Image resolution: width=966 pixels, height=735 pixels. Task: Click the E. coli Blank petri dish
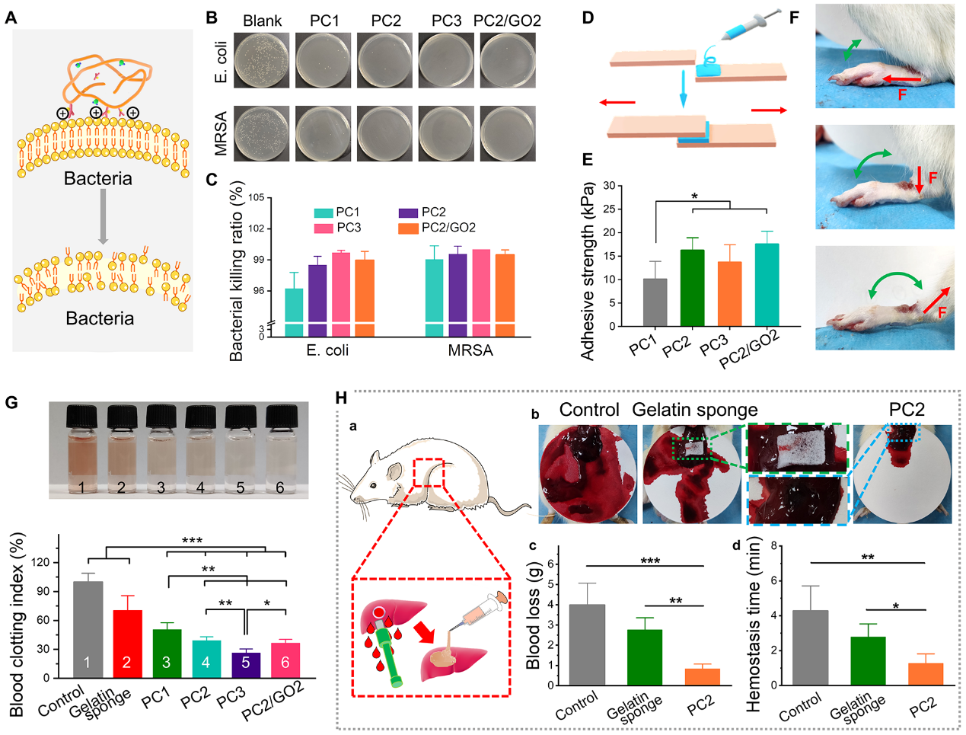262,60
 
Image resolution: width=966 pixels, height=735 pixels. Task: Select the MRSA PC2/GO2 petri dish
508,133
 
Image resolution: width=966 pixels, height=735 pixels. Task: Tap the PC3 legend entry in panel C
338,228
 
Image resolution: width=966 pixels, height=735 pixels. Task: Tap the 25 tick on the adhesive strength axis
609,209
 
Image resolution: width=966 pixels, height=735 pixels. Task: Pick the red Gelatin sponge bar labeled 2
127,644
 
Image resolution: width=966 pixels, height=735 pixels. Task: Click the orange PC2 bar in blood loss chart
702,676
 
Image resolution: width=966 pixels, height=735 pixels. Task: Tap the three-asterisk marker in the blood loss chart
650,562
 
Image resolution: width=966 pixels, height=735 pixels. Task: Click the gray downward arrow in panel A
104,217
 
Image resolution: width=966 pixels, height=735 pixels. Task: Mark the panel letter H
341,398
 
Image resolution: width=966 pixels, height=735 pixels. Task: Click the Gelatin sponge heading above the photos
694,410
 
